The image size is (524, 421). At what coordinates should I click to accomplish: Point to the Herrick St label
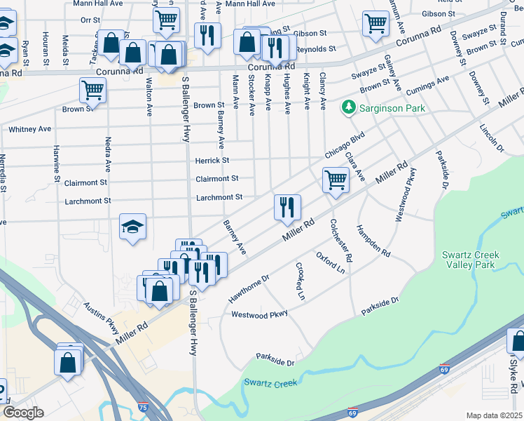212,161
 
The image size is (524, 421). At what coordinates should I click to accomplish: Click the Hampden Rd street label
373,241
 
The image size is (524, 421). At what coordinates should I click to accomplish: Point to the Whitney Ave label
29,129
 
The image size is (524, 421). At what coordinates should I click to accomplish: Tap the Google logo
23,413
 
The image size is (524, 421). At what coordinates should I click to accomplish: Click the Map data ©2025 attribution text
493,415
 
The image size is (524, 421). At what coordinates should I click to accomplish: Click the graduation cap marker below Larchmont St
132,227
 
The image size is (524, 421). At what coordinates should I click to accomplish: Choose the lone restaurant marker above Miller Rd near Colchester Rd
287,207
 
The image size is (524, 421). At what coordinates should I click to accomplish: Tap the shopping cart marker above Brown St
92,90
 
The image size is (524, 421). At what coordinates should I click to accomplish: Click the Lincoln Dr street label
491,135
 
